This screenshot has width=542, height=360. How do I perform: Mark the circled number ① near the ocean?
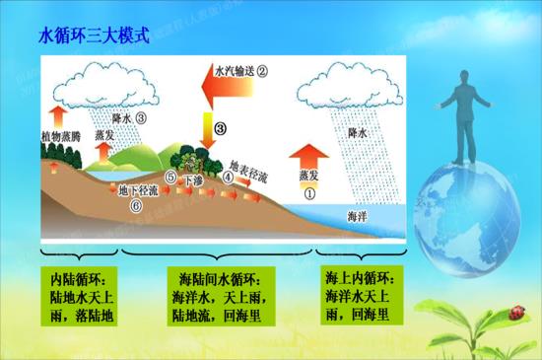pyautogui.click(x=309, y=194)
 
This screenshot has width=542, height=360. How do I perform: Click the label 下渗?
pyautogui.click(x=194, y=183)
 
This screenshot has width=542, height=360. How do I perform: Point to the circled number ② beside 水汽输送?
pyautogui.click(x=263, y=71)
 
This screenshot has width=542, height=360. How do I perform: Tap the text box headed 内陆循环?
pyautogui.click(x=82, y=294)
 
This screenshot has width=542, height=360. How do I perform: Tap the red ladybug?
pyautogui.click(x=513, y=314)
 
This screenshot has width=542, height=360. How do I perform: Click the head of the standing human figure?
pyautogui.click(x=454, y=80)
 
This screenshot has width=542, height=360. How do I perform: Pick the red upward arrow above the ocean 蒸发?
pyautogui.click(x=309, y=157)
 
